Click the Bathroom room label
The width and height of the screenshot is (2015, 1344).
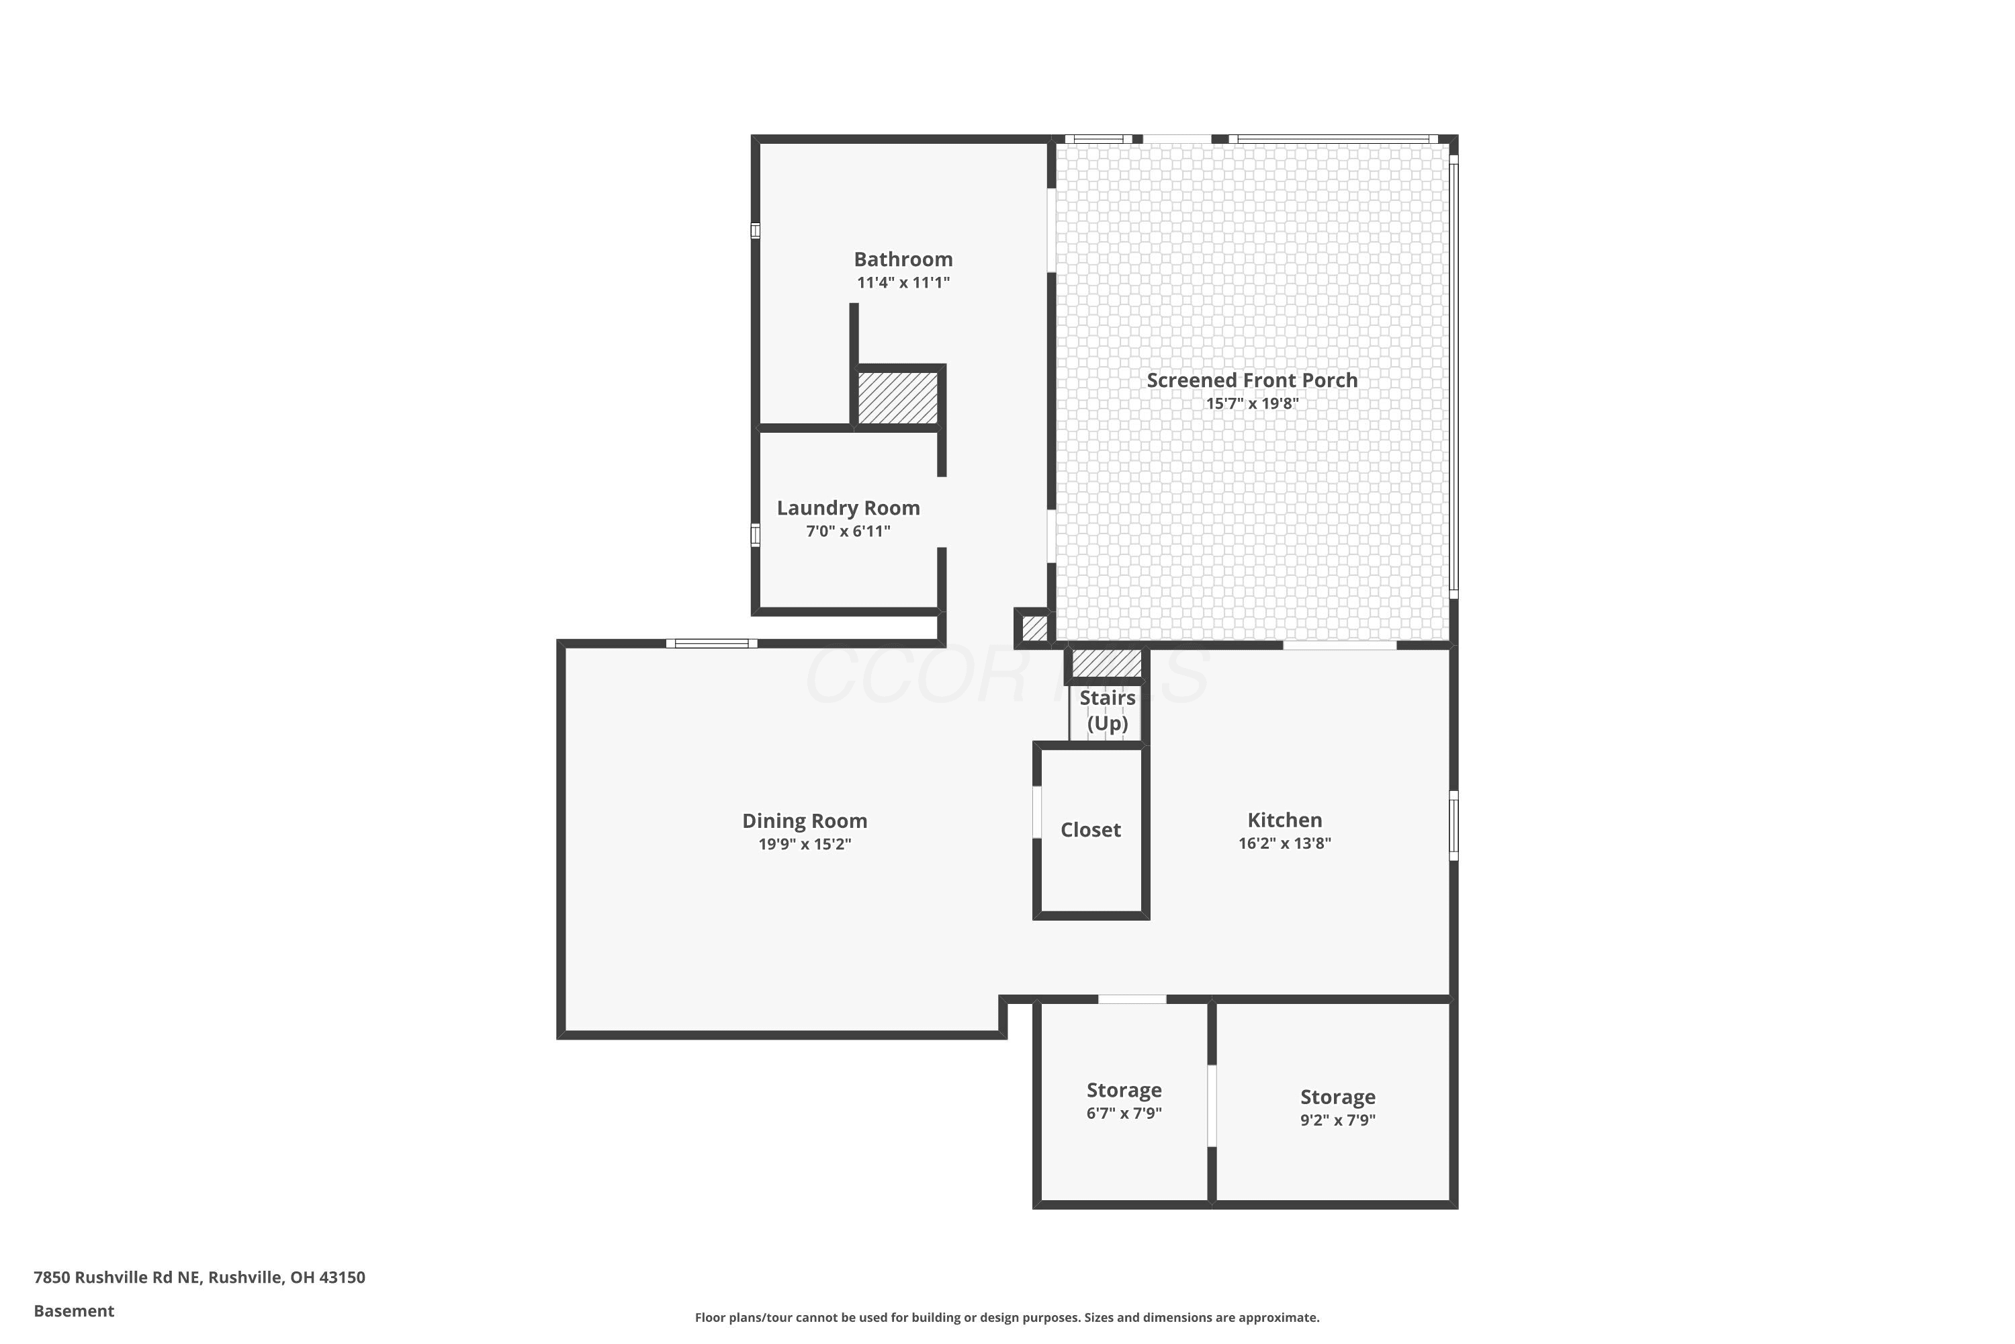click(903, 259)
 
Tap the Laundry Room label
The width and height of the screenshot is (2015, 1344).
click(848, 508)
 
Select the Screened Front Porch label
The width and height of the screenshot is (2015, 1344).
click(1252, 380)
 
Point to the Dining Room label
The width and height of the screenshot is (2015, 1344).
click(805, 821)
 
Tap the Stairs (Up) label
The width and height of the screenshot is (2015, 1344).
click(1108, 710)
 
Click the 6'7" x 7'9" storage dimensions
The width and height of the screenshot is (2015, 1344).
click(1124, 1114)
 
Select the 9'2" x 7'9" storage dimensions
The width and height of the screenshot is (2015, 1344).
click(1337, 1120)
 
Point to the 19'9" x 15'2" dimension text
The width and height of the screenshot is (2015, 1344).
click(805, 844)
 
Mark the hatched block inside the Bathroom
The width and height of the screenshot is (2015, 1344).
click(898, 397)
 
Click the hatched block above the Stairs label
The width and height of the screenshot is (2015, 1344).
click(1107, 663)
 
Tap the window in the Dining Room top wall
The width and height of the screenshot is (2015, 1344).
click(711, 644)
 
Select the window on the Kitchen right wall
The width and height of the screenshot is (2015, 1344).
click(1453, 825)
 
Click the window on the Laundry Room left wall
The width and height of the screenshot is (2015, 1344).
click(755, 535)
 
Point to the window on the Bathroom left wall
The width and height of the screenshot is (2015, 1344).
click(755, 230)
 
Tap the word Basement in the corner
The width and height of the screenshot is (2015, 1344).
click(74, 1310)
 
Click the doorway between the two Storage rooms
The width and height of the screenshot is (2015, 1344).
click(1212, 1105)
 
